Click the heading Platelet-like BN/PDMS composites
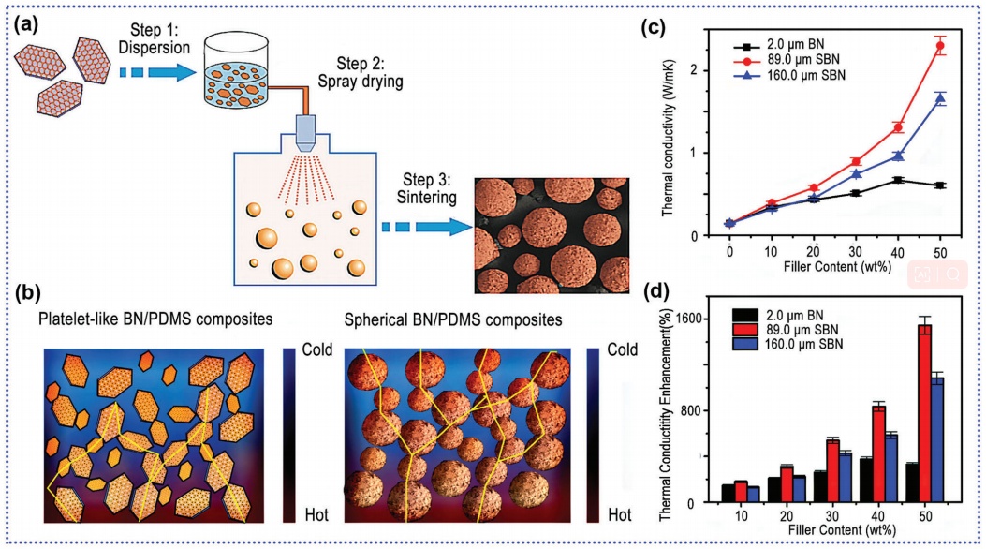point(155,320)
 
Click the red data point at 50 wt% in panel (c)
point(939,46)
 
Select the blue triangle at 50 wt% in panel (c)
point(939,98)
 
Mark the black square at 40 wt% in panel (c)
point(897,180)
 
